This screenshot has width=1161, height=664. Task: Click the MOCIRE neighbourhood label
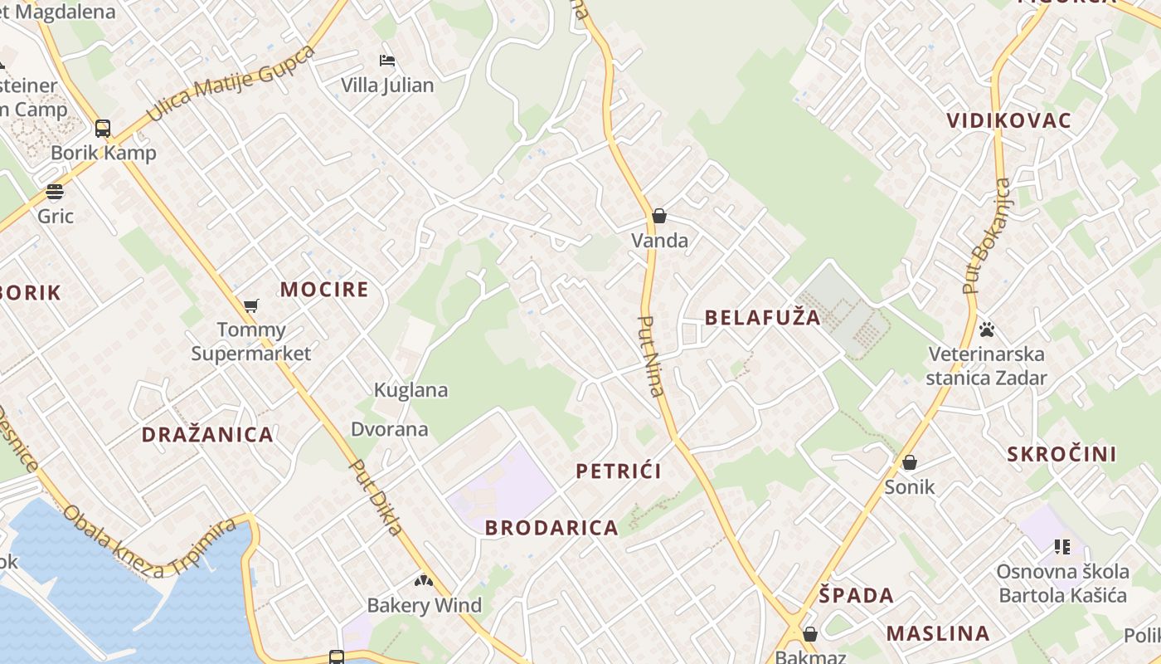tap(323, 289)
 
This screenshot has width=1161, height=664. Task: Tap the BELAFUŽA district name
tap(762, 317)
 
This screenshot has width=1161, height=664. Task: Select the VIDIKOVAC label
tap(1009, 120)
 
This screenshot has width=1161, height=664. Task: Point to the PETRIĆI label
tap(619, 471)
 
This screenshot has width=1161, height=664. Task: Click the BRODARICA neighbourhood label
tap(551, 528)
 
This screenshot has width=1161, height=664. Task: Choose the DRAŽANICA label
tap(207, 435)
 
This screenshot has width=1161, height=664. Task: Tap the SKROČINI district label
tap(1061, 454)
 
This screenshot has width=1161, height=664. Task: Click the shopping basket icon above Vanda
tap(659, 216)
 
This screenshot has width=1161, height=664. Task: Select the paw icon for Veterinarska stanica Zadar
tap(986, 330)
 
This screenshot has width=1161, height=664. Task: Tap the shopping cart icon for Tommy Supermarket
tap(251, 305)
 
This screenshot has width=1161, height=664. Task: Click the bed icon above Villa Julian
tap(387, 61)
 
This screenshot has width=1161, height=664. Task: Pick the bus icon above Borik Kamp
tap(103, 129)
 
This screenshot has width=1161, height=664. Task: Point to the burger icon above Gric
tap(55, 192)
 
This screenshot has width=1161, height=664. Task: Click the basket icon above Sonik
tap(910, 462)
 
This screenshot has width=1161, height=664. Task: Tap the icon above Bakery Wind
tap(424, 581)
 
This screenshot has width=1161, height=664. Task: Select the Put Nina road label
tap(652, 355)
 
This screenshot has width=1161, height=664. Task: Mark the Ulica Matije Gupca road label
tap(231, 83)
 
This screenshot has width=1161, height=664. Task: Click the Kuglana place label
tap(410, 390)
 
